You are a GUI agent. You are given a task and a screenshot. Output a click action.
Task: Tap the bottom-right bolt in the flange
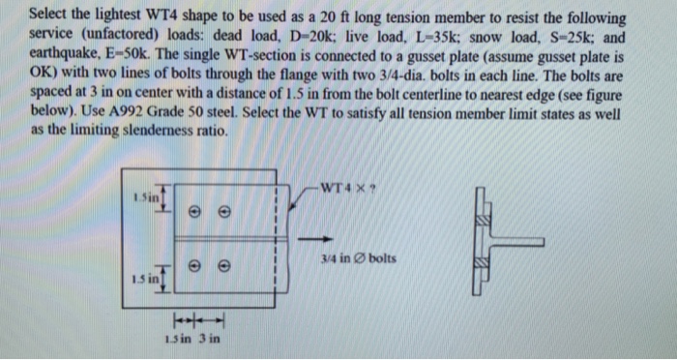click(x=224, y=263)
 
